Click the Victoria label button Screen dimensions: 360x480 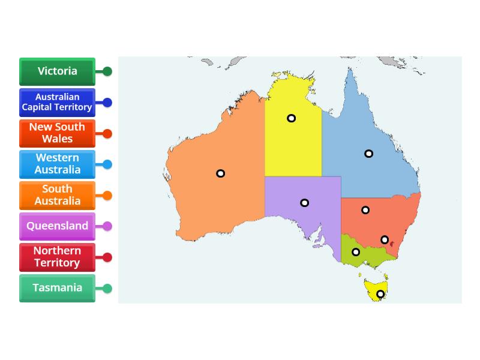point(57,71)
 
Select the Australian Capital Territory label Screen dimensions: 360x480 point(57,102)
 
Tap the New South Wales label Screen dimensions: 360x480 point(57,133)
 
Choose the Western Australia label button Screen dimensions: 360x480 point(57,164)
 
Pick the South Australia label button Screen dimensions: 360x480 point(57,195)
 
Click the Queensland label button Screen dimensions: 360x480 point(57,226)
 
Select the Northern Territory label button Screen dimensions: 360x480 point(57,257)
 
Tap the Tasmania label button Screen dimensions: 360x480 point(57,288)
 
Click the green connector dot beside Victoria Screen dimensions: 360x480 point(107,71)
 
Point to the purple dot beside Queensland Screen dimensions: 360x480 point(107,226)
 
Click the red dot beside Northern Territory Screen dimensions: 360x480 point(107,257)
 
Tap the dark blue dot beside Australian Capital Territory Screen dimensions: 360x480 point(107,103)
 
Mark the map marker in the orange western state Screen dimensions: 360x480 point(221,173)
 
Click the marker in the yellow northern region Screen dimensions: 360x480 point(291,118)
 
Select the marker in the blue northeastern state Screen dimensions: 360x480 point(369,154)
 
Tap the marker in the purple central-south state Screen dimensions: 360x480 point(304,203)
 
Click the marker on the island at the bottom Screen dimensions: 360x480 point(380,294)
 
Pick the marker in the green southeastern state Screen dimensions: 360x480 point(356,252)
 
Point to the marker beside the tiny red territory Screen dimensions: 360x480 point(385,240)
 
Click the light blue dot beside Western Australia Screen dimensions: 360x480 point(107,164)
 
